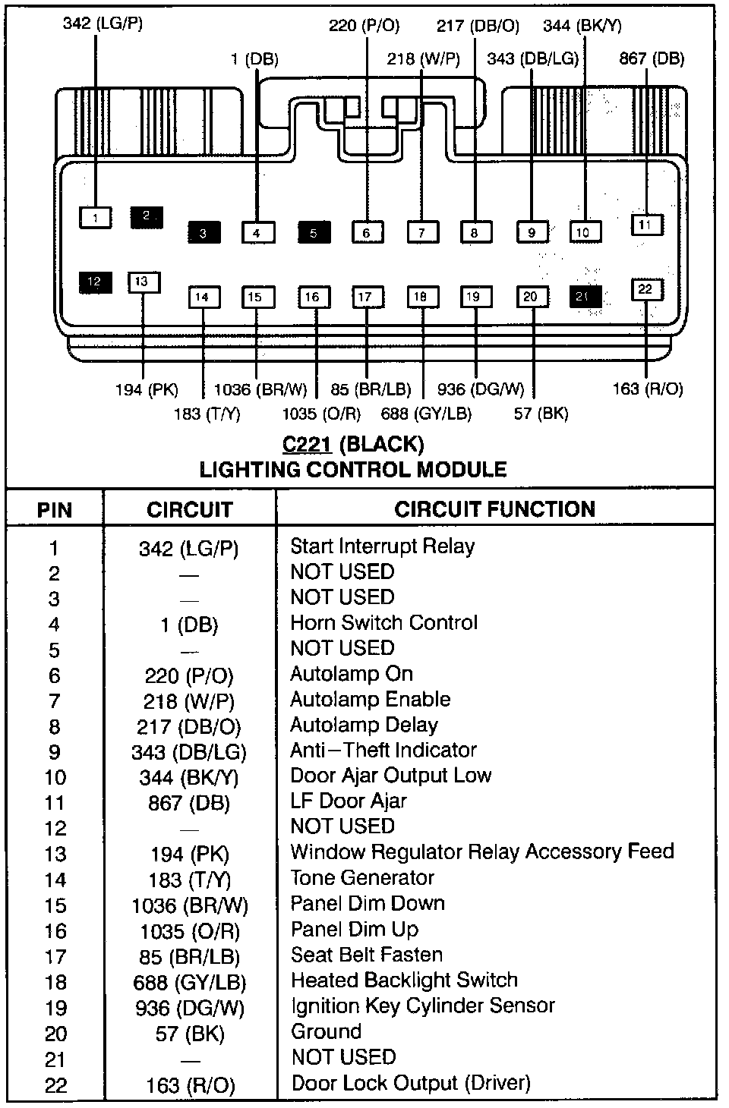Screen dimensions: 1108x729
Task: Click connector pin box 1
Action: point(96,218)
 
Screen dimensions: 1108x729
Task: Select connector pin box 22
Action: point(645,289)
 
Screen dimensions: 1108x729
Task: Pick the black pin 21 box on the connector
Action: point(585,296)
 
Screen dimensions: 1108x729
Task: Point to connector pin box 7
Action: point(423,232)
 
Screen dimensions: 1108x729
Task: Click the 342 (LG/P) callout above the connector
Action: point(103,24)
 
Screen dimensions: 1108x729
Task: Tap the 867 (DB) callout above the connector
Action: point(652,58)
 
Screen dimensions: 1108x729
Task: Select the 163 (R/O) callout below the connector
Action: point(648,389)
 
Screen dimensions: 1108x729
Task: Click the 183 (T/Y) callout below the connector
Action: point(207,414)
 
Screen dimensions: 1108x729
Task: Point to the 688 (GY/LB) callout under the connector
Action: point(427,414)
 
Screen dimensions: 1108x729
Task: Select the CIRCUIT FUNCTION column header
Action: point(494,509)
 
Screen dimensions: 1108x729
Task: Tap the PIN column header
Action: point(55,510)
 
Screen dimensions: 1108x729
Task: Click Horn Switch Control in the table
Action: point(384,623)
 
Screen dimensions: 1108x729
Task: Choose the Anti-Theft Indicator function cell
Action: point(383,751)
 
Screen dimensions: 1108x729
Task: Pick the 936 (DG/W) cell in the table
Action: point(189,1008)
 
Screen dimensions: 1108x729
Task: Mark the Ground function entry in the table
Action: point(326,1032)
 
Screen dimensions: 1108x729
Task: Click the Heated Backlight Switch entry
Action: point(404,981)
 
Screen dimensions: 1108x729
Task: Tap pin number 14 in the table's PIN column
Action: point(55,880)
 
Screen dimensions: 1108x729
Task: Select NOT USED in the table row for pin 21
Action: point(343,1057)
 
